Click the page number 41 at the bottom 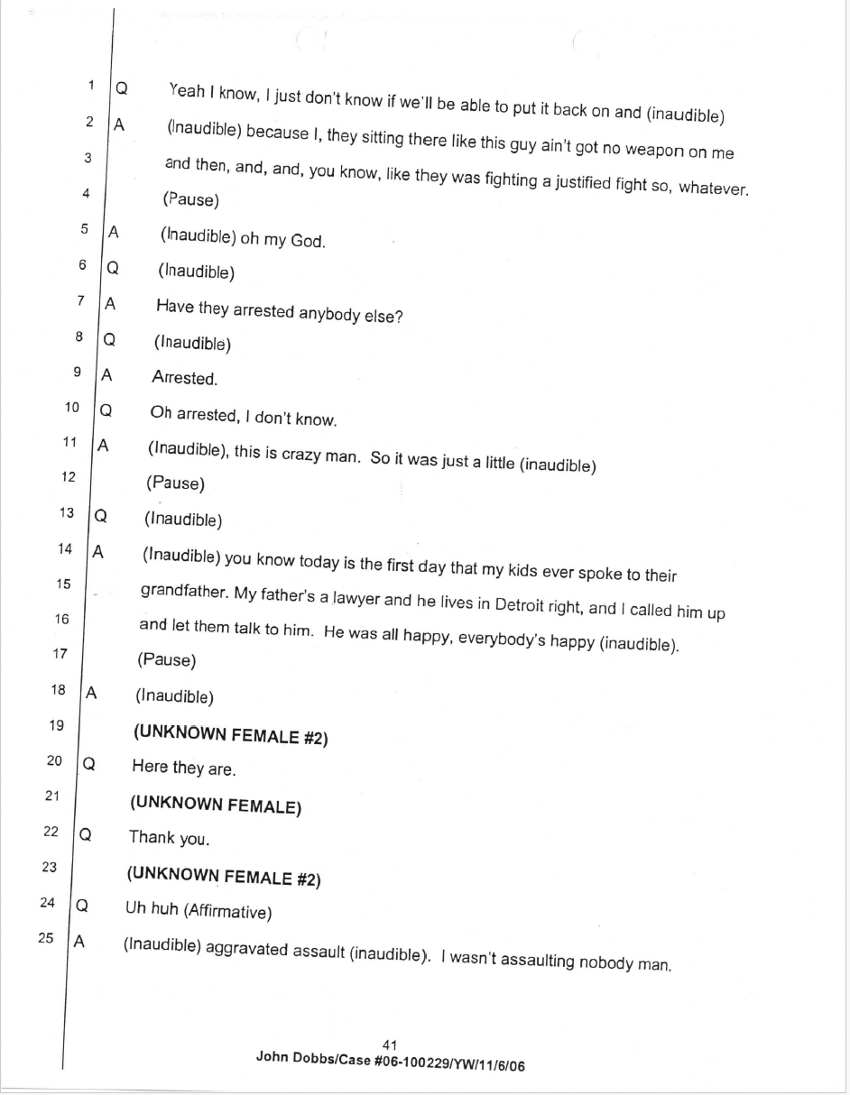point(391,1044)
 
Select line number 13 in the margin point(67,512)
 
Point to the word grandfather point(180,592)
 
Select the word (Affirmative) point(226,912)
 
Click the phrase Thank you point(169,838)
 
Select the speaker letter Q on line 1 point(121,89)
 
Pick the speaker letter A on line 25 point(79,941)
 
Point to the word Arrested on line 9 point(184,379)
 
